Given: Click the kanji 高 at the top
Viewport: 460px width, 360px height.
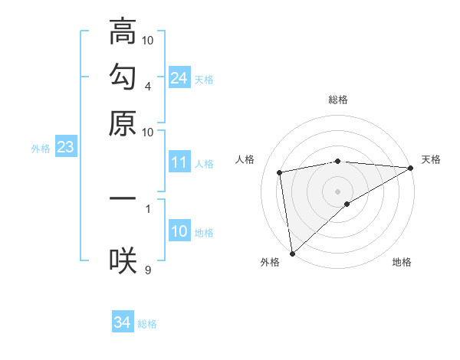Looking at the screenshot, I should pos(123,33).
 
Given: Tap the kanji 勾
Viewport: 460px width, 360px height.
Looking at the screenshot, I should pos(123,77).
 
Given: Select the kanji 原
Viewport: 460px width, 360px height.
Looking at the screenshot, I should pos(123,123).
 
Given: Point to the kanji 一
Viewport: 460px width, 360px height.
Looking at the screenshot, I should pos(123,198).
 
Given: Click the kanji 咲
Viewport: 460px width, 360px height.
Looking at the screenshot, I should pos(123,260).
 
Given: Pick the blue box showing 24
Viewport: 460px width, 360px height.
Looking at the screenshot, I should pos(179,78).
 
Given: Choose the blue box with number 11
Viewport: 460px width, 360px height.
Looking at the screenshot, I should pos(179,162).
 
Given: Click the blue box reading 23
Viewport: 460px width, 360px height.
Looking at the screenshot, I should pos(65,148).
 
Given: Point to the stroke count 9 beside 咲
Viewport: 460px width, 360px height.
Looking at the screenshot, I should pos(148,269).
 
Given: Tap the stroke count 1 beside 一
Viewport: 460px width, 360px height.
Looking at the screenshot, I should pos(148,207).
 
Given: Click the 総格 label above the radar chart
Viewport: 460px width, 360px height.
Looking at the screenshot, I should pos(338,100).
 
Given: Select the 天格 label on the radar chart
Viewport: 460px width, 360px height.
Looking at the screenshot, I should pos(431,159).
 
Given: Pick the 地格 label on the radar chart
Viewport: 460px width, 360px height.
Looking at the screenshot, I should pos(402,262).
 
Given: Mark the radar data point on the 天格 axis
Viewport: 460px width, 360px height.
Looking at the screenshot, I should pos(411,168).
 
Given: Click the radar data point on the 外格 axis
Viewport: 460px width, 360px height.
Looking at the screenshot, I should pos(292,254).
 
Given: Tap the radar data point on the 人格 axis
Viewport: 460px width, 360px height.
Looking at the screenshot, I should pos(280,172).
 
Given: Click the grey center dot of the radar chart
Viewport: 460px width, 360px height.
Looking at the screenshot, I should pos(338,191).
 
